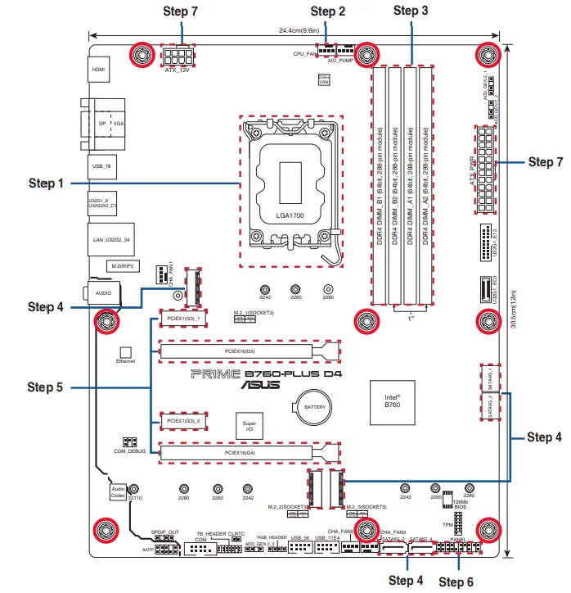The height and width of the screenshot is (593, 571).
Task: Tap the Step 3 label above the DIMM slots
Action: [411, 11]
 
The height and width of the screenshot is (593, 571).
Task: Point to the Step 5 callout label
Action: [45, 386]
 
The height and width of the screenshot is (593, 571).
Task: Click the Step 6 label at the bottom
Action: [456, 582]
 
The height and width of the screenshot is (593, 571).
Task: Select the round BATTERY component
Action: [316, 406]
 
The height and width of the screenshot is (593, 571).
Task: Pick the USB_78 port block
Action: [102, 166]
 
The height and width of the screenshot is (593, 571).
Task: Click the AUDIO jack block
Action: [104, 291]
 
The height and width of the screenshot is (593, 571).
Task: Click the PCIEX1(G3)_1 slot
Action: [183, 317]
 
